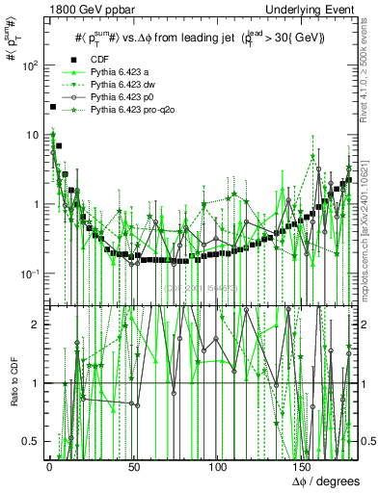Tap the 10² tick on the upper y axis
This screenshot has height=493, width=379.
pyautogui.click(x=31, y=66)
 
